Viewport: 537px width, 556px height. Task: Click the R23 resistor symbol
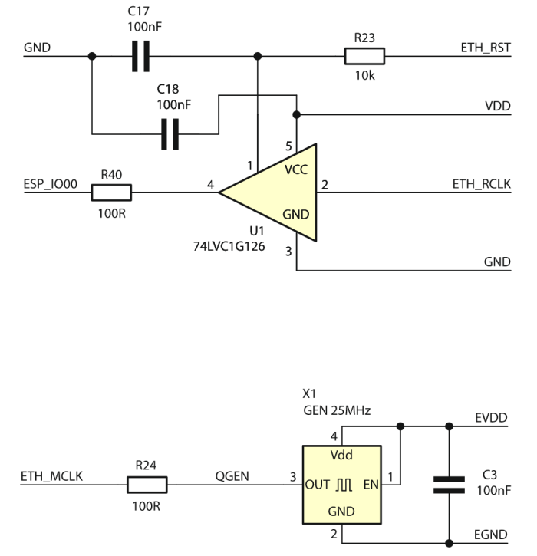click(x=364, y=56)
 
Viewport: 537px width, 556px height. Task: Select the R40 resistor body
click(x=111, y=192)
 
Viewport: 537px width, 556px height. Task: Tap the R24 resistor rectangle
click(x=147, y=485)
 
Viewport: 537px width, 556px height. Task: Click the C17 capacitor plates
click(x=141, y=56)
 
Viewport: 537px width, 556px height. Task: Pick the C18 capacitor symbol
click(x=170, y=134)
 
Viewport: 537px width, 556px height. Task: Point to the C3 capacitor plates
click(x=449, y=485)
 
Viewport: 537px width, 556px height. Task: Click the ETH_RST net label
click(x=486, y=48)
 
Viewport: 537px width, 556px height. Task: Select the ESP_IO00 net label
click(x=51, y=184)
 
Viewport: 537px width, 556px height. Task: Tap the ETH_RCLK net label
click(x=481, y=184)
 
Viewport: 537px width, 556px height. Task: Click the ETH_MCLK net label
click(x=52, y=476)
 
